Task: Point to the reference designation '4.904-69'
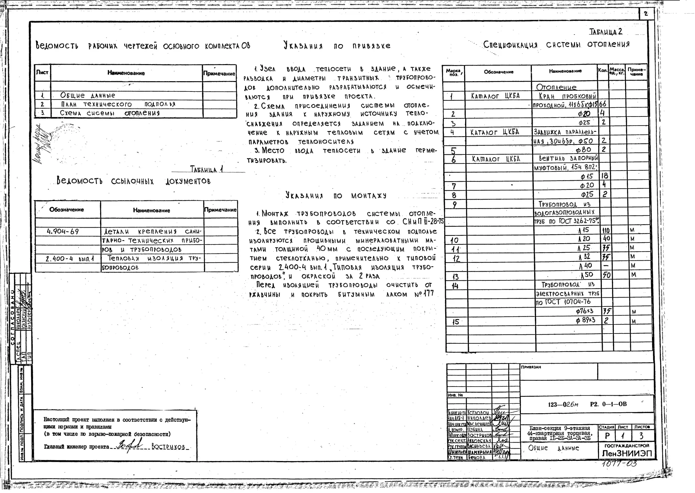[x=63, y=232]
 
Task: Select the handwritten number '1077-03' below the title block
[x=619, y=464]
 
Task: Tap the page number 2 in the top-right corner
[x=645, y=14]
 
